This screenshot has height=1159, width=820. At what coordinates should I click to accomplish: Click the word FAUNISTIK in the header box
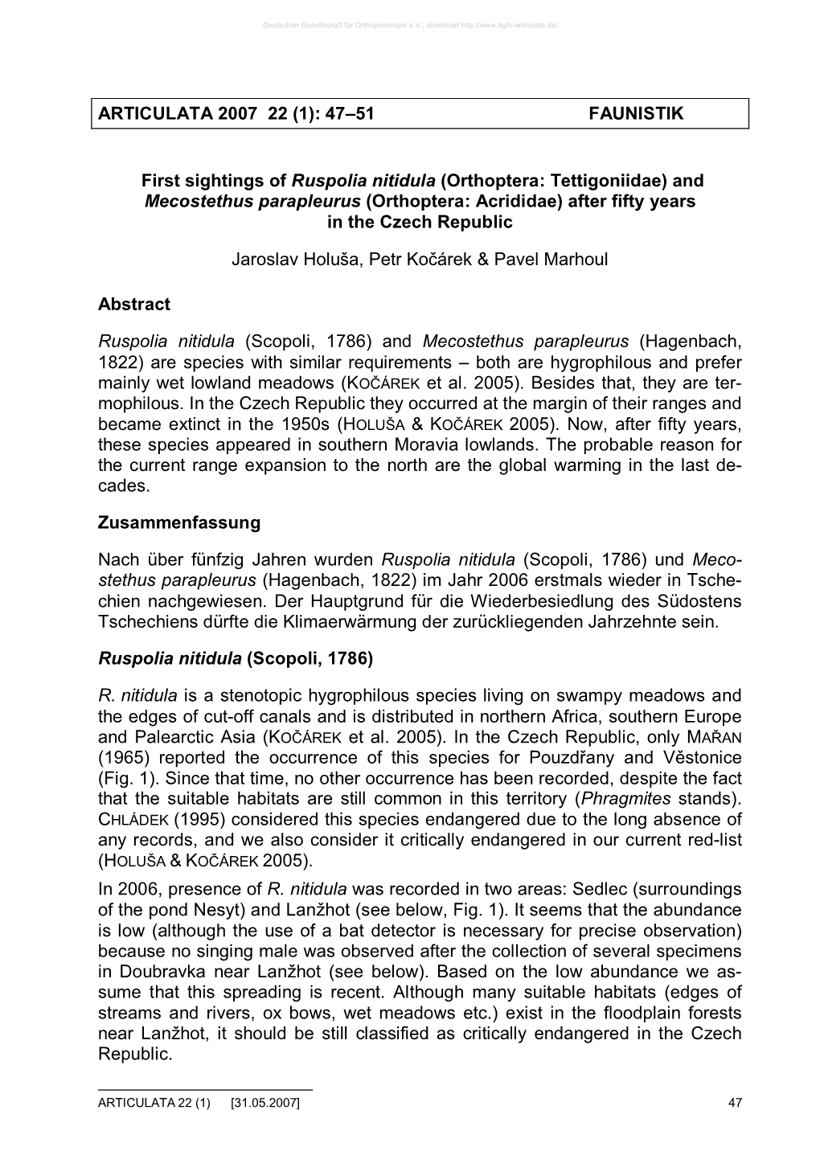point(635,114)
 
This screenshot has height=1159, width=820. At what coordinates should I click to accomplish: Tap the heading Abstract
point(133,305)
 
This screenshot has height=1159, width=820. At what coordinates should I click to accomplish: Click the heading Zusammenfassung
point(178,522)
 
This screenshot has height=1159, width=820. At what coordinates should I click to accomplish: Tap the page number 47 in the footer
point(734,1104)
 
